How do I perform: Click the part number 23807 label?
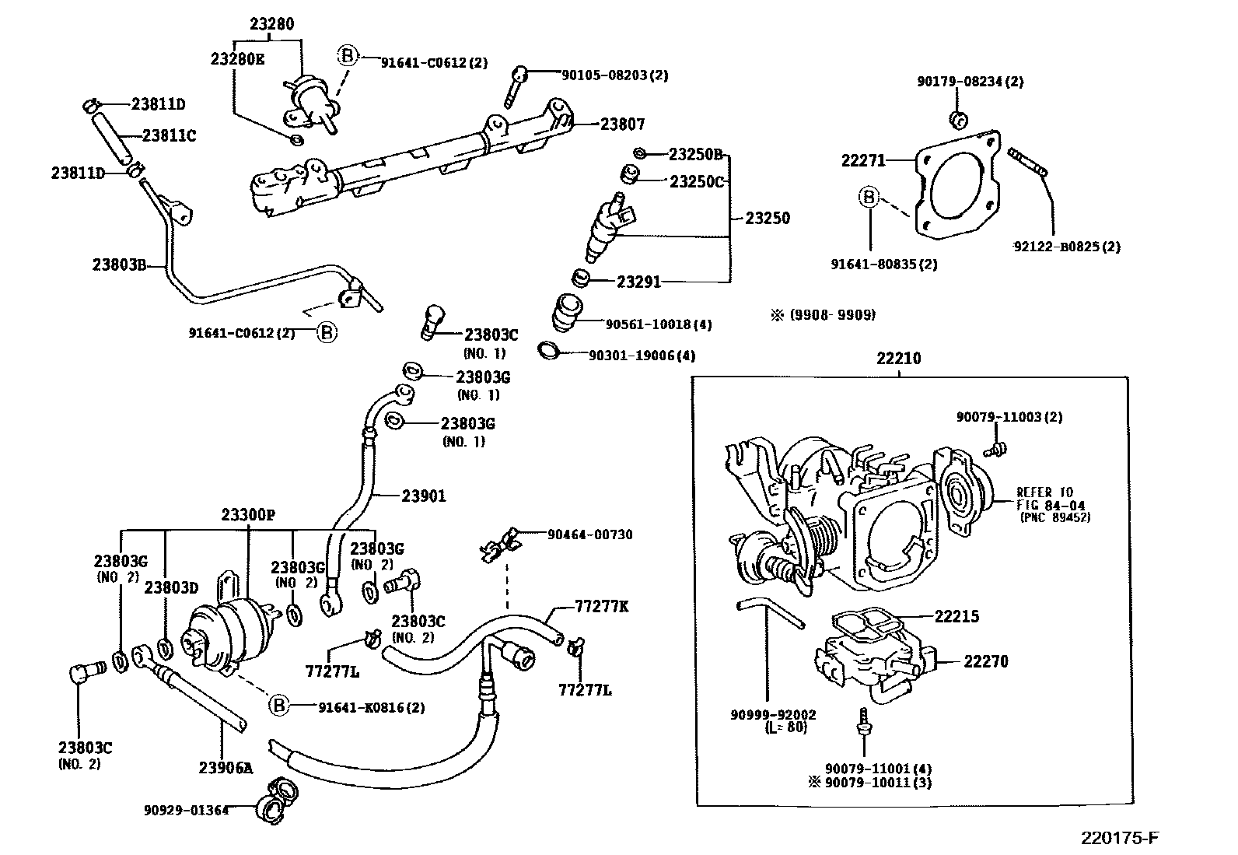(x=622, y=124)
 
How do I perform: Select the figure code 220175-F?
(x=1119, y=838)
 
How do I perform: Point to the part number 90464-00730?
(x=589, y=535)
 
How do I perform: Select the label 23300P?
(x=247, y=514)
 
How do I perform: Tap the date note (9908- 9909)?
(x=831, y=315)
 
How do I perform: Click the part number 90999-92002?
(x=773, y=714)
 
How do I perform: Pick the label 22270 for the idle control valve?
(x=985, y=661)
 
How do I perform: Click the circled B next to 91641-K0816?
(x=278, y=706)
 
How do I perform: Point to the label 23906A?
(x=226, y=768)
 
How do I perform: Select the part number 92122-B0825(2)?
(x=1066, y=247)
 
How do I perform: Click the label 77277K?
(x=601, y=607)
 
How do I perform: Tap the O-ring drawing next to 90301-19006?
(x=549, y=350)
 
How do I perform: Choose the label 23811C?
(x=169, y=135)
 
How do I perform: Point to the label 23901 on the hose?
(x=424, y=496)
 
